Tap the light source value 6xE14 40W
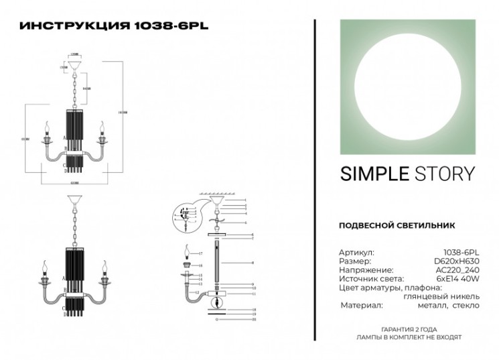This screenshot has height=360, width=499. [458, 278]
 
